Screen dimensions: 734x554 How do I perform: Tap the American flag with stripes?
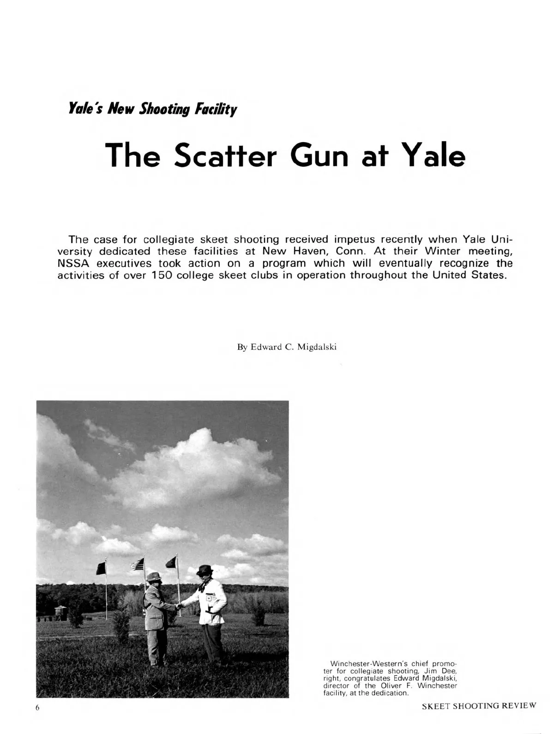138,564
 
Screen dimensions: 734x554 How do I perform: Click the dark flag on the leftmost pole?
102,568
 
